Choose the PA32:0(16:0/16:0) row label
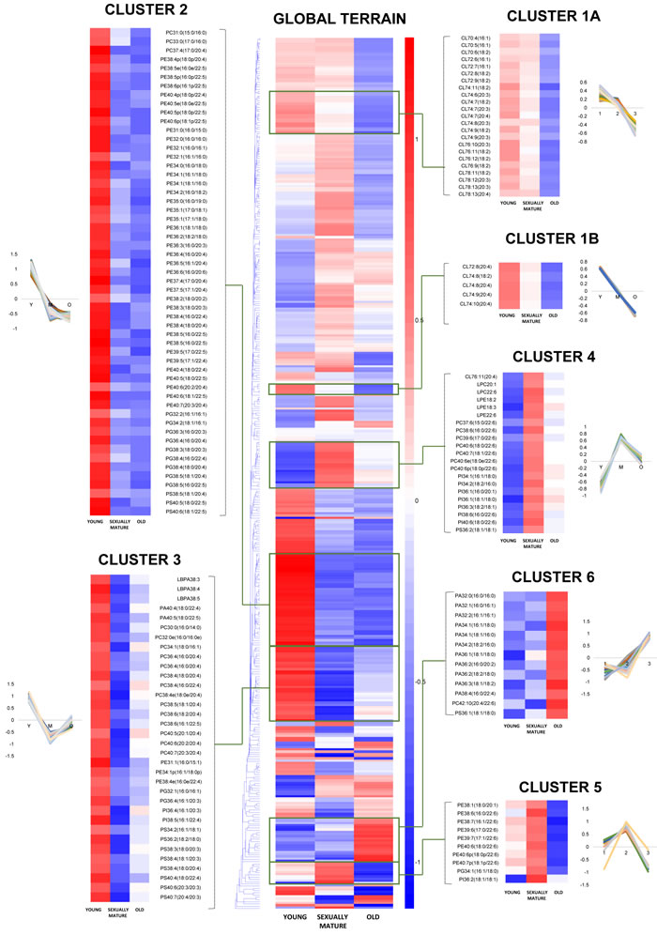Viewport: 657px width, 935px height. point(474,595)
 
